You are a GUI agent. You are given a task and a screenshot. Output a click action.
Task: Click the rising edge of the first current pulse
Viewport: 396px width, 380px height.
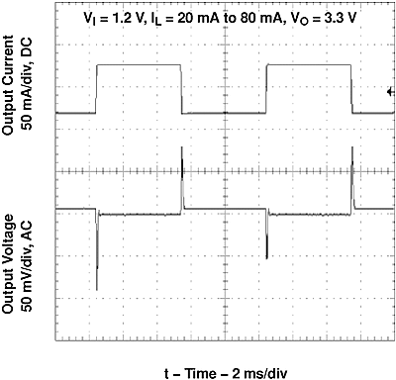96,89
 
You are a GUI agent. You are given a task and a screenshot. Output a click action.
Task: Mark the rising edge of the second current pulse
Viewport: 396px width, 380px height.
267,89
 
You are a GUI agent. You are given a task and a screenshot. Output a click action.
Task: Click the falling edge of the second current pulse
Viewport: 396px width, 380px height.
352,89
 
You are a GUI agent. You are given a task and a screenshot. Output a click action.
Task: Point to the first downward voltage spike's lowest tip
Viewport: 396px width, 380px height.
97,288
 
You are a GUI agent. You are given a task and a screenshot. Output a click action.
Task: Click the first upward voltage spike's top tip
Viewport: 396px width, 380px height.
182,147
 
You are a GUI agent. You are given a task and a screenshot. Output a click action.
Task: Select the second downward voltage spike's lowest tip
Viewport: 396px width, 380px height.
267,259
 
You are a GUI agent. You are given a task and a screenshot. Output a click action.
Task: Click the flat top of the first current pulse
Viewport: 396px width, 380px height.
139,65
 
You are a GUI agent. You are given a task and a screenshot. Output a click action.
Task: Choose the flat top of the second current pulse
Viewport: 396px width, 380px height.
310,65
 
